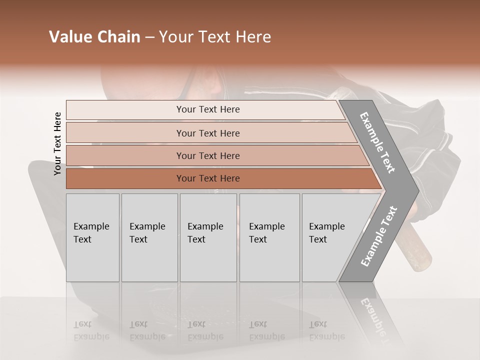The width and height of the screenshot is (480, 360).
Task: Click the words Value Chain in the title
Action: [94, 37]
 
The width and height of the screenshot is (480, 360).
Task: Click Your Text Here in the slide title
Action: [215, 37]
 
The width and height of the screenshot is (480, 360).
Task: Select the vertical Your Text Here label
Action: [57, 143]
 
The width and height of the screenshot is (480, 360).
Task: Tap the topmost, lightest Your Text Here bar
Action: [207, 109]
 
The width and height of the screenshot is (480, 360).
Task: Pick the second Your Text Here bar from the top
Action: [207, 133]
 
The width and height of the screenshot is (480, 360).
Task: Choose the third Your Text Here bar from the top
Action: [207, 155]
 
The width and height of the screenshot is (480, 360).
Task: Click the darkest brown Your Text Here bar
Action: [207, 178]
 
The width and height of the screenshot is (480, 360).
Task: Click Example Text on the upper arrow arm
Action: [377, 142]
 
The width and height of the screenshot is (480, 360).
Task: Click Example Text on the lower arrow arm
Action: [379, 236]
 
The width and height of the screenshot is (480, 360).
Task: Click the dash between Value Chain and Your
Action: [149, 37]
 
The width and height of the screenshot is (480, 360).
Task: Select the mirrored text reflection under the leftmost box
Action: [91, 330]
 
